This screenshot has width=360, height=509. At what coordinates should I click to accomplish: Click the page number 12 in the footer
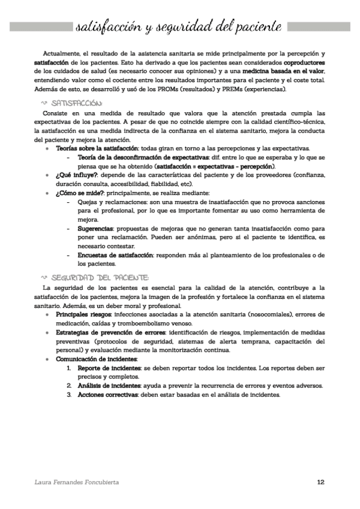[321, 482]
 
